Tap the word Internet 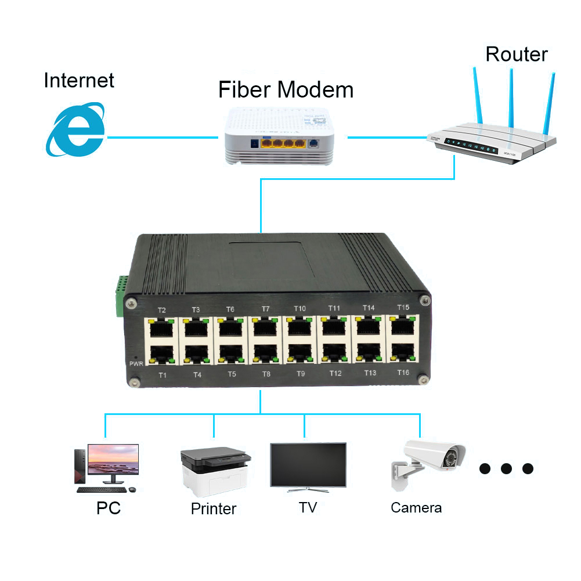pos(79,80)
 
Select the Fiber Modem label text pos(286,90)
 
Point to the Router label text pos(516,54)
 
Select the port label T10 pos(299,308)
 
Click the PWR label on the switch pos(135,363)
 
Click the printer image pos(215,468)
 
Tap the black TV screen pos(308,464)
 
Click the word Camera pos(416,508)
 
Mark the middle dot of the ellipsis pos(506,468)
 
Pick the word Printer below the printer pos(214,509)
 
